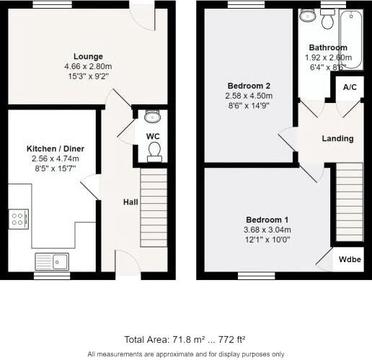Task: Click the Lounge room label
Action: (88, 56)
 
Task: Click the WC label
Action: (153, 135)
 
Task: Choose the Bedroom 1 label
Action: (267, 220)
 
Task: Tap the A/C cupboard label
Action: (350, 87)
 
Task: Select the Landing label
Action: (337, 138)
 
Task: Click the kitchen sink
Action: (51, 261)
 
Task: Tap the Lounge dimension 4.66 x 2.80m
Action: (88, 66)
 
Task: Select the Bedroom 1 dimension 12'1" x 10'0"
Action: (267, 239)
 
